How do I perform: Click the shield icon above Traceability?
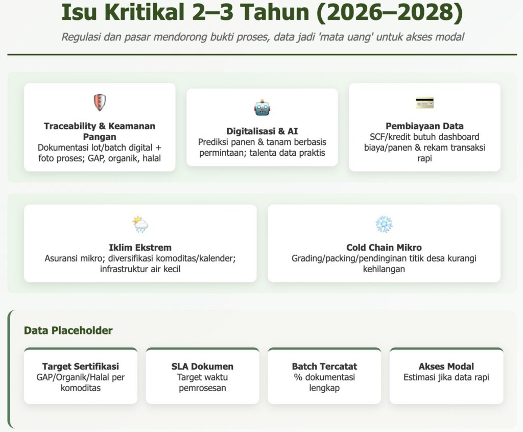(x=100, y=103)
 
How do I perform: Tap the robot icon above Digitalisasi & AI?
(x=262, y=107)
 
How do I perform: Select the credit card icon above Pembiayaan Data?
(x=424, y=103)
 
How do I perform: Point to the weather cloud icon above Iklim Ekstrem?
(x=140, y=224)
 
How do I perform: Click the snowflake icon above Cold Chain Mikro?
(x=384, y=224)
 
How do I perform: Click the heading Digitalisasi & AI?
(x=262, y=131)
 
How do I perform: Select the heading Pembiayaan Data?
(x=424, y=126)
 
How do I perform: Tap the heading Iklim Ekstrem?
(x=140, y=248)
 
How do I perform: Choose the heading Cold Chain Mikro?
(x=384, y=248)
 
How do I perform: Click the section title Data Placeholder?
(x=68, y=330)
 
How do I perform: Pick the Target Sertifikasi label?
(x=80, y=366)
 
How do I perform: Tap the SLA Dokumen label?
(x=202, y=366)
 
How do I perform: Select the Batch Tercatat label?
(x=324, y=366)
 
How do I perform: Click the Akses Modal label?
(x=446, y=366)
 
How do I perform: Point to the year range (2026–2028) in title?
(x=389, y=12)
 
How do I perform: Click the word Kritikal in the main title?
(x=144, y=12)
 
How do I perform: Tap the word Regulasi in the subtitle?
(x=81, y=37)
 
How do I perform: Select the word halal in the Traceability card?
(x=152, y=158)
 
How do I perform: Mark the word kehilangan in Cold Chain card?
(x=384, y=269)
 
